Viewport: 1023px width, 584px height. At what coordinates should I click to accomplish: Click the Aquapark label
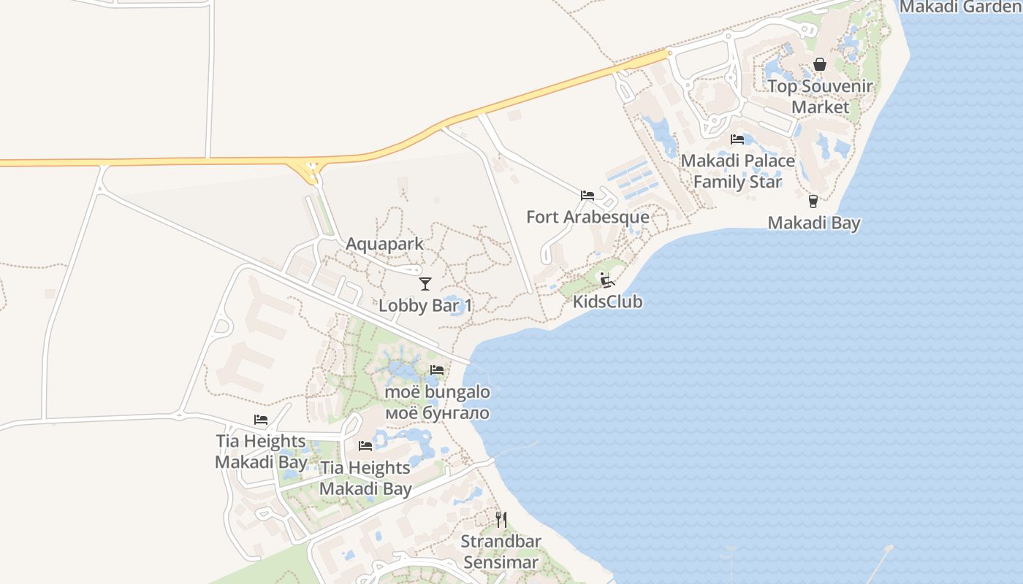(x=384, y=244)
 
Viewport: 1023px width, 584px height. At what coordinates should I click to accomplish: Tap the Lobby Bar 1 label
(x=425, y=305)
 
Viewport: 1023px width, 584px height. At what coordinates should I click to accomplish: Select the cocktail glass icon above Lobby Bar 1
(x=425, y=283)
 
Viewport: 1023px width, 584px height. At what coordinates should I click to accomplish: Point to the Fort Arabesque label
(x=587, y=217)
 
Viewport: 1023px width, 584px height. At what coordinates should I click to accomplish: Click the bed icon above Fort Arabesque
(x=587, y=196)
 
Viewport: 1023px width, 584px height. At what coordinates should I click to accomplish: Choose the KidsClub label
(x=607, y=301)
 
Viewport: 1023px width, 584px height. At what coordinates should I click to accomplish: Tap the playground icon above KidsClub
(x=606, y=280)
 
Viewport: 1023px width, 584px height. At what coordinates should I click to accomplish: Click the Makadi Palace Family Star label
(x=737, y=171)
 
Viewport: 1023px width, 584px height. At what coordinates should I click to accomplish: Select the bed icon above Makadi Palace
(x=737, y=139)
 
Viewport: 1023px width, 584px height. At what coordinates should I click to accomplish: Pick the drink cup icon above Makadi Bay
(x=813, y=201)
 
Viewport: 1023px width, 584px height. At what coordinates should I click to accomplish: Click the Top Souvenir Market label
(x=820, y=96)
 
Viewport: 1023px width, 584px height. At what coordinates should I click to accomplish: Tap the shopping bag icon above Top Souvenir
(x=820, y=65)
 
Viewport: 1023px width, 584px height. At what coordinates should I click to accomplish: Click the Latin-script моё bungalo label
(x=437, y=392)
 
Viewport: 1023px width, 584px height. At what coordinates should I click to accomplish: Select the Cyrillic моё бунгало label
(x=437, y=413)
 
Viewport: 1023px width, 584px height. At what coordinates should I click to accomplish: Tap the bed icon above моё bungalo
(x=437, y=370)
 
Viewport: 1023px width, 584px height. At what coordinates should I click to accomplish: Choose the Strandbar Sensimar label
(x=501, y=552)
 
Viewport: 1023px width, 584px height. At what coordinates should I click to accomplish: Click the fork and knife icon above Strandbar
(x=501, y=520)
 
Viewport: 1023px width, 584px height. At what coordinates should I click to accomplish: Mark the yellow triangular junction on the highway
(x=310, y=171)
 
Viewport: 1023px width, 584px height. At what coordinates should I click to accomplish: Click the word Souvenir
(x=837, y=87)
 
